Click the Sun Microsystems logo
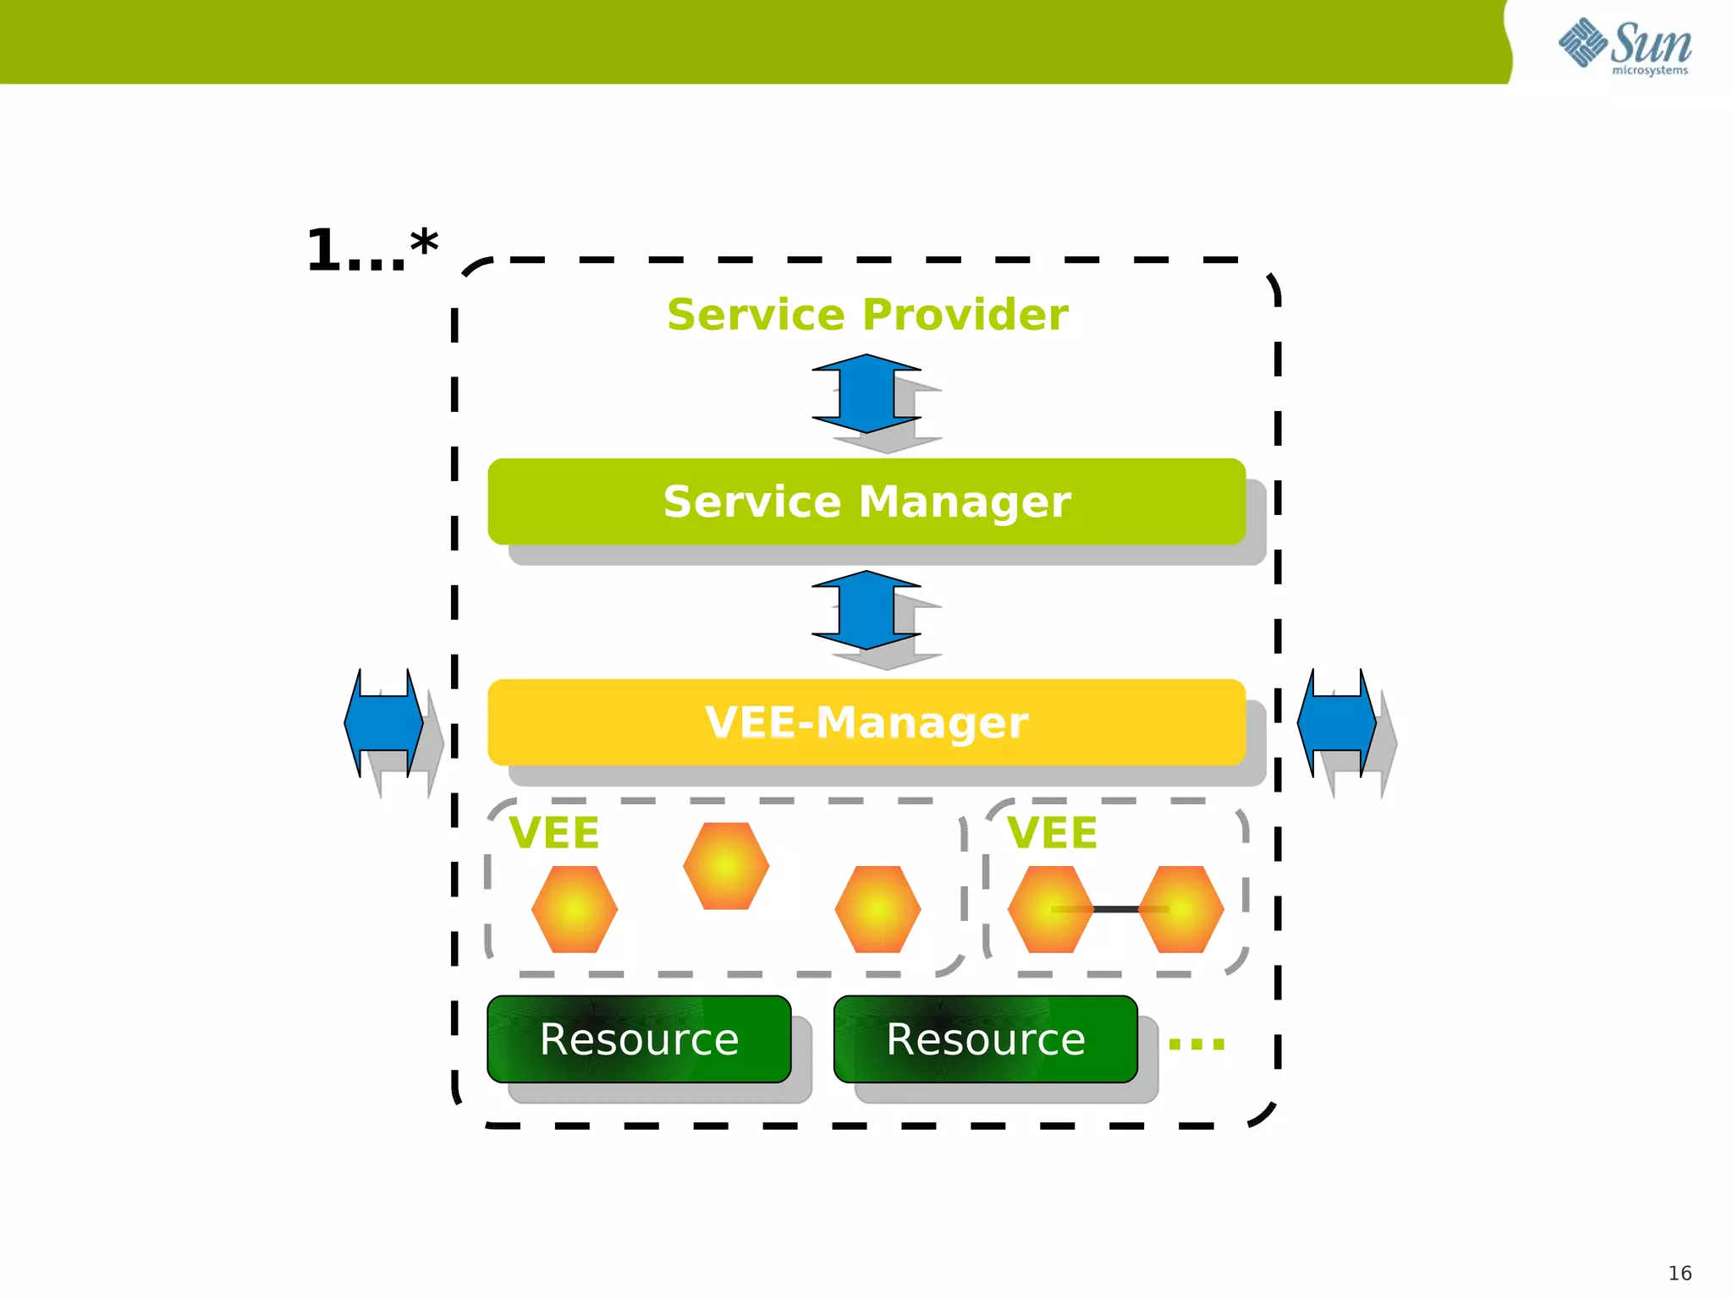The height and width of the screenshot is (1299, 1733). pos(1625,46)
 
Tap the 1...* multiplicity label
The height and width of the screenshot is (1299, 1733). pos(372,250)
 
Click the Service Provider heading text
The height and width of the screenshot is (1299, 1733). pos(866,315)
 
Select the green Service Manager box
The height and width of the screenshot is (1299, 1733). pos(866,502)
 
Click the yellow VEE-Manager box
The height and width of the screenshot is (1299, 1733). pos(866,722)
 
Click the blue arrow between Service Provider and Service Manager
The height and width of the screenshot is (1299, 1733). pos(866,393)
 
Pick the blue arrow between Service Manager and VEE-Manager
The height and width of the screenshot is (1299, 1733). pos(866,610)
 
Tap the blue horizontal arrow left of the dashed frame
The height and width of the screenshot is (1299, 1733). pos(383,722)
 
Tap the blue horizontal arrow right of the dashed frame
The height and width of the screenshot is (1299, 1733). pos(1337,722)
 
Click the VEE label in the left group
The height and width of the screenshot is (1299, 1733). pos(554,833)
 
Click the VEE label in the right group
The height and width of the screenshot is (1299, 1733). pos(1052,833)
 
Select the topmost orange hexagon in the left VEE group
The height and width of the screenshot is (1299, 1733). pos(726,866)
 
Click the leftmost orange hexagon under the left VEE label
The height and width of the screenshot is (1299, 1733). pos(575,909)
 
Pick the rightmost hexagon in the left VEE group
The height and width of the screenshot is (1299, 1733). pos(878,909)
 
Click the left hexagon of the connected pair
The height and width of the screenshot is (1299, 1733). pos(1050,909)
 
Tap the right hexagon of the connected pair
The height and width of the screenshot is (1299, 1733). pos(1181,909)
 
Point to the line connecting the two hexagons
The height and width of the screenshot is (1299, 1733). pos(1115,909)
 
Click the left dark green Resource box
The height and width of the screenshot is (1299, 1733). pos(639,1039)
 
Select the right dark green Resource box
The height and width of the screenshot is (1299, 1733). pos(985,1039)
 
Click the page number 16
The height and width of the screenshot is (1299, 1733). pos(1680,1273)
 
